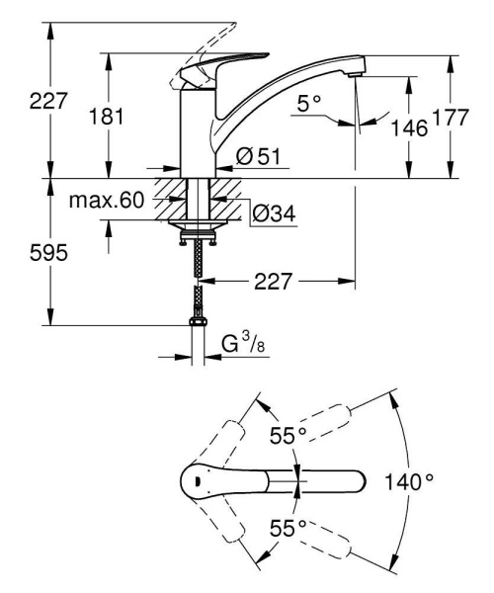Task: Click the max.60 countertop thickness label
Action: coord(107,202)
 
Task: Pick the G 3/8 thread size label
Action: coord(240,347)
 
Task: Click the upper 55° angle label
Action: coord(288,435)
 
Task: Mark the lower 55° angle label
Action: coord(288,530)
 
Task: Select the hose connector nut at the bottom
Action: coord(197,323)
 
